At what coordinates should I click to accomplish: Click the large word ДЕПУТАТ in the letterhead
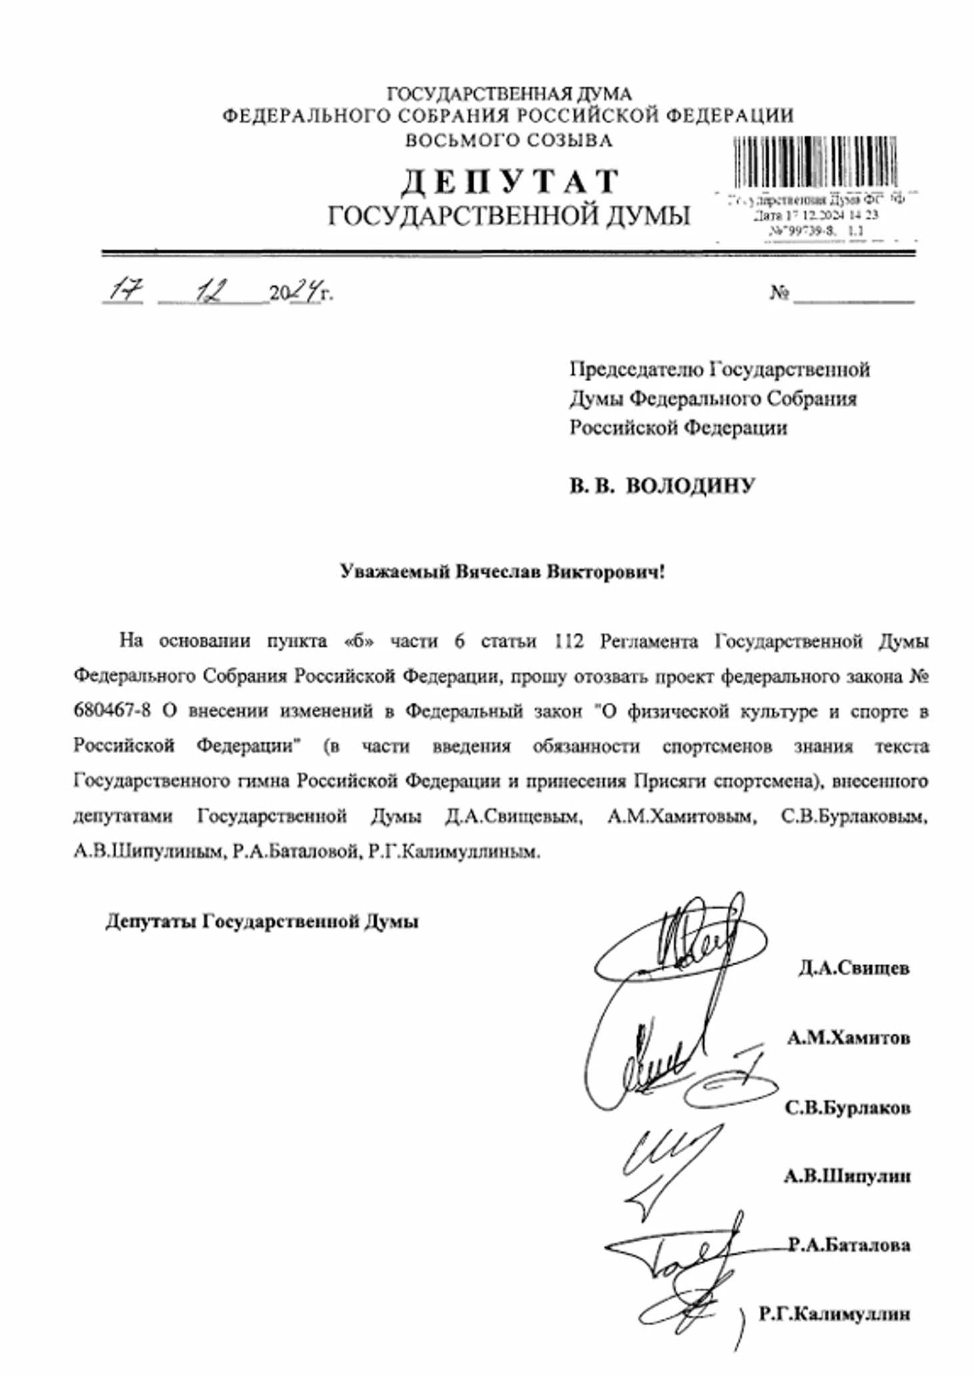(x=510, y=182)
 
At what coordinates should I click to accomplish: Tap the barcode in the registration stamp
(x=815, y=162)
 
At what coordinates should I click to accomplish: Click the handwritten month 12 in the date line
(x=215, y=291)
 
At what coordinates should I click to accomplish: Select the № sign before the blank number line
(x=779, y=293)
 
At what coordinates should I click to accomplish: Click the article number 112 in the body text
(x=568, y=641)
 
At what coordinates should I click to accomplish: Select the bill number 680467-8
(x=113, y=711)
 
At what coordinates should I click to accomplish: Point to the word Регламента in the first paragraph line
(x=648, y=641)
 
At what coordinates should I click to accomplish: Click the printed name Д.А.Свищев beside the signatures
(x=854, y=968)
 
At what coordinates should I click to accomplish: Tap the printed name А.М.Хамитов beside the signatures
(x=848, y=1038)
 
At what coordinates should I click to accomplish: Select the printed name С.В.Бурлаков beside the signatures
(x=847, y=1108)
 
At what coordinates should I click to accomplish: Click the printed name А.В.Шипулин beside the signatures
(x=847, y=1176)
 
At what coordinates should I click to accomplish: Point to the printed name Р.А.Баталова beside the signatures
(x=849, y=1245)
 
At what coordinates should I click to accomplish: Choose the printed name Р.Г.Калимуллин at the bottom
(x=834, y=1314)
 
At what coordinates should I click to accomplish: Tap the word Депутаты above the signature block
(x=151, y=922)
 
